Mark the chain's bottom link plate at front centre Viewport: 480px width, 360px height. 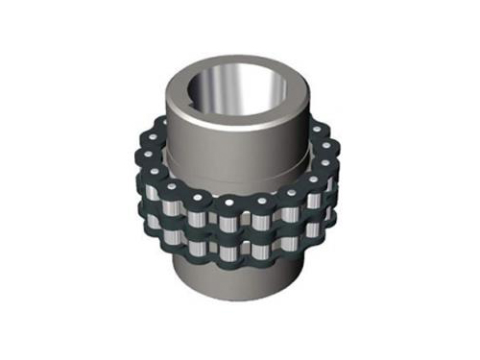[235, 273]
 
